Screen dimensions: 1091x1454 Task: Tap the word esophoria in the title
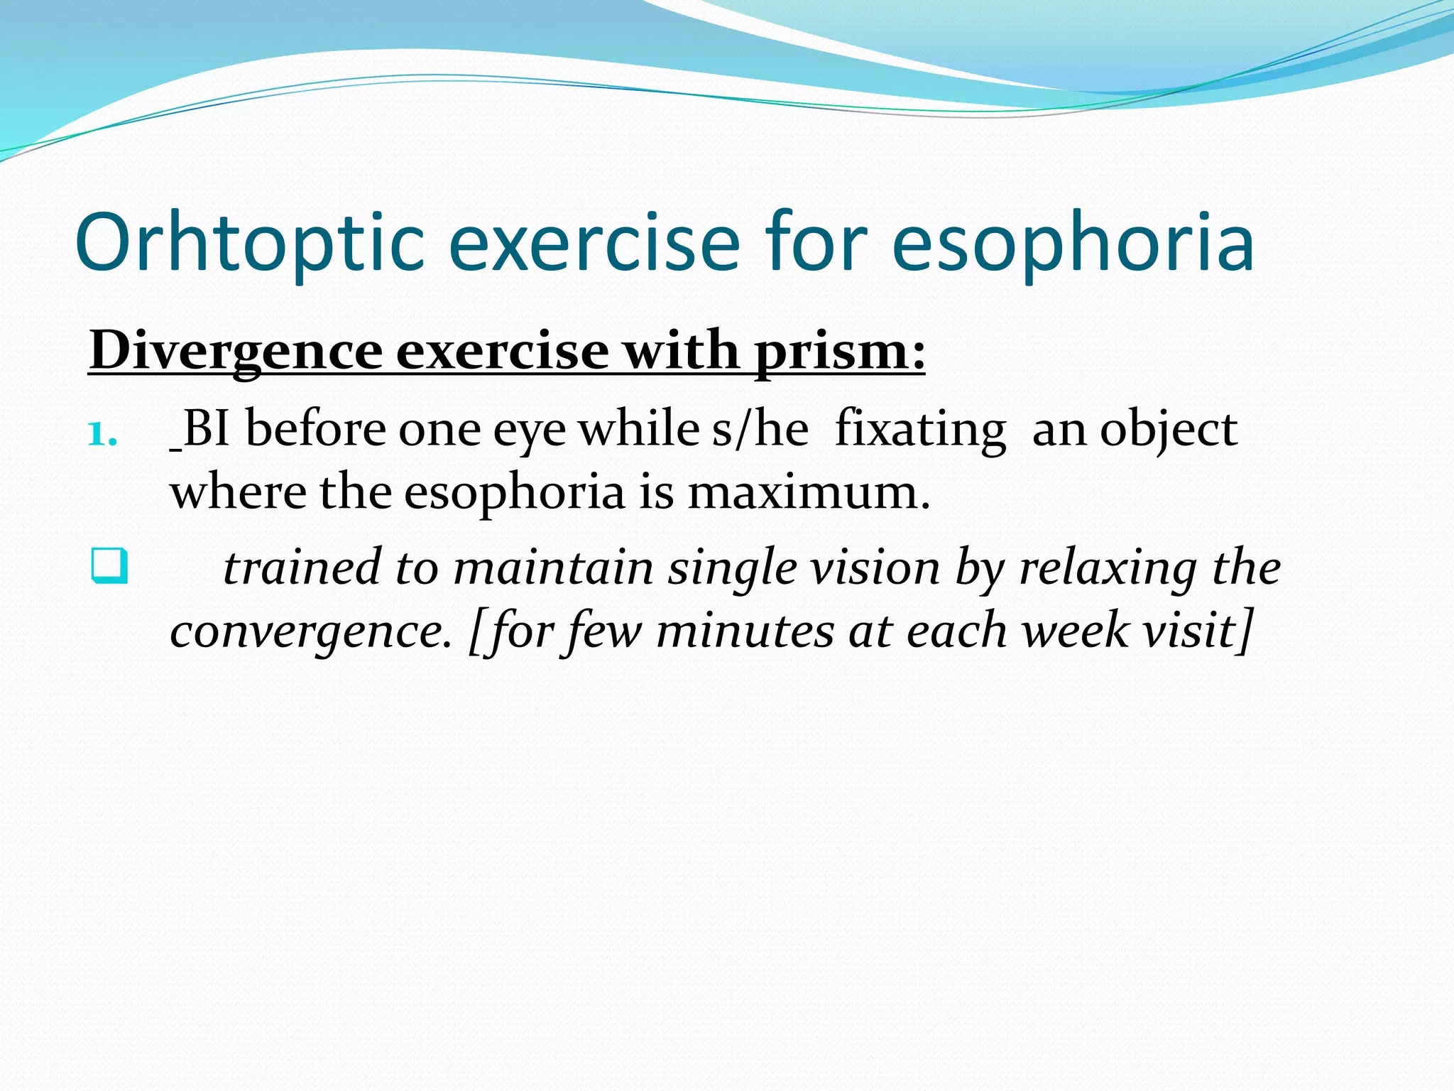(1072, 243)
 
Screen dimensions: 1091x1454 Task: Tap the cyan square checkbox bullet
(109, 566)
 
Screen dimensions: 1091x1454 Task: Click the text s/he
(760, 429)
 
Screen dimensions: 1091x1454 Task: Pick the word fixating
(921, 430)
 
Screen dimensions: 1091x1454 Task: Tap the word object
(1169, 430)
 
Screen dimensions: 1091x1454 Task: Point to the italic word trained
(302, 568)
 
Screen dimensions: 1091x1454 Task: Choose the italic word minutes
(745, 631)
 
